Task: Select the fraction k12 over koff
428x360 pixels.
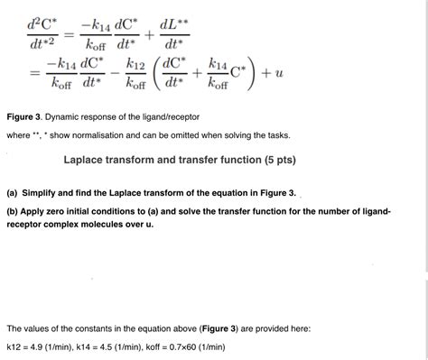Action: point(136,78)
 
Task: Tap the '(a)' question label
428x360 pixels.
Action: point(13,193)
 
